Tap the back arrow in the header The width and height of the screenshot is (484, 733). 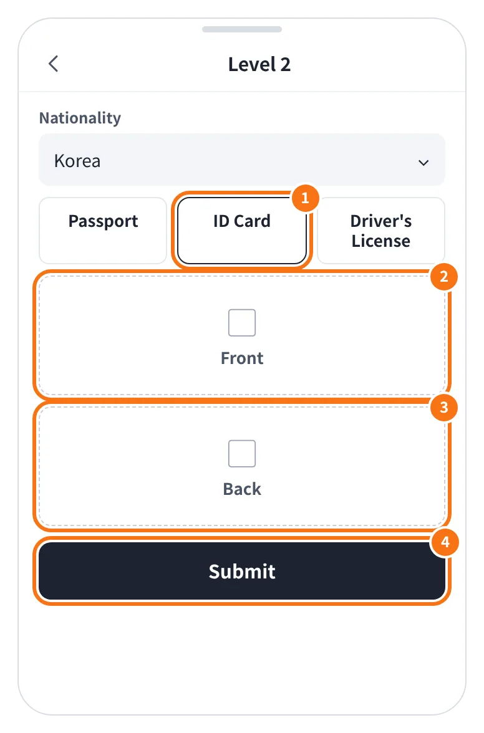pos(53,64)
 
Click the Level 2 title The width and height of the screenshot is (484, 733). pos(259,65)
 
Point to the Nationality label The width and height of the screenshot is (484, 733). pos(80,118)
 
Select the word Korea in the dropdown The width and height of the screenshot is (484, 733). pos(77,161)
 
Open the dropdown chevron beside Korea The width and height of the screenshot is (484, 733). pos(423,163)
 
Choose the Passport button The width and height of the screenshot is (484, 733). pos(103,231)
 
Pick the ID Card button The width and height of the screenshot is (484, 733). pos(242,231)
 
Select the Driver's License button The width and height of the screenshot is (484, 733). pos(380,231)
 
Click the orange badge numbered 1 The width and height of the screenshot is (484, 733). pos(306,198)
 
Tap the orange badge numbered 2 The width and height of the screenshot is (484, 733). pos(444,276)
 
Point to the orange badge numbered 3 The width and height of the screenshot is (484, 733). pos(444,407)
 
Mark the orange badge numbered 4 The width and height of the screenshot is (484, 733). pos(445,542)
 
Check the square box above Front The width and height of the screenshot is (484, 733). pos(242,323)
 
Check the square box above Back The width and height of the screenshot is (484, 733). pos(242,454)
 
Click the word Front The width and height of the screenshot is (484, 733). pos(242,358)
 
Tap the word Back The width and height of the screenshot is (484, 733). pos(242,489)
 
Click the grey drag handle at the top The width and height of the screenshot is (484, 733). pos(242,29)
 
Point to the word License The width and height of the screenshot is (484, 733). pos(380,241)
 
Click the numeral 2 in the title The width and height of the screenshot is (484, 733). pos(285,65)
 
